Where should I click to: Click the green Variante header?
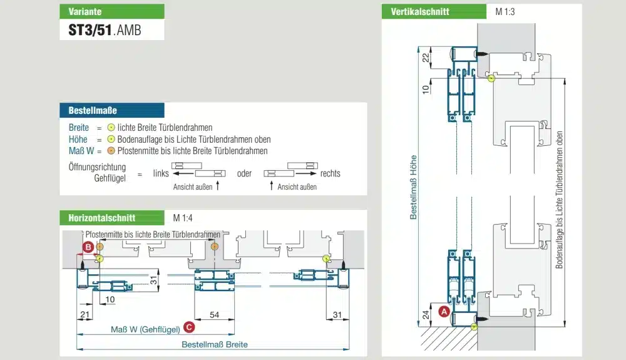pyautogui.click(x=112, y=11)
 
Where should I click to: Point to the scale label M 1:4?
pyautogui.click(x=182, y=218)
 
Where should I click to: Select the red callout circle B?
pyautogui.click(x=89, y=248)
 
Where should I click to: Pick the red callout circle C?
pyautogui.click(x=189, y=327)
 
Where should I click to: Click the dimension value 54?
pyautogui.click(x=214, y=314)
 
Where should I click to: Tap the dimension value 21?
pyautogui.click(x=86, y=314)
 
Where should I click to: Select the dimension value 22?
pyautogui.click(x=426, y=58)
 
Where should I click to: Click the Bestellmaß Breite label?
pyautogui.click(x=214, y=344)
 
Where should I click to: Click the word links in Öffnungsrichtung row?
pyautogui.click(x=161, y=173)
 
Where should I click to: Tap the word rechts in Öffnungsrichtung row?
pyautogui.click(x=330, y=173)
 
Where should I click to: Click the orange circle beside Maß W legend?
pyautogui.click(x=110, y=151)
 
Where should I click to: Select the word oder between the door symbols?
pyautogui.click(x=244, y=173)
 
